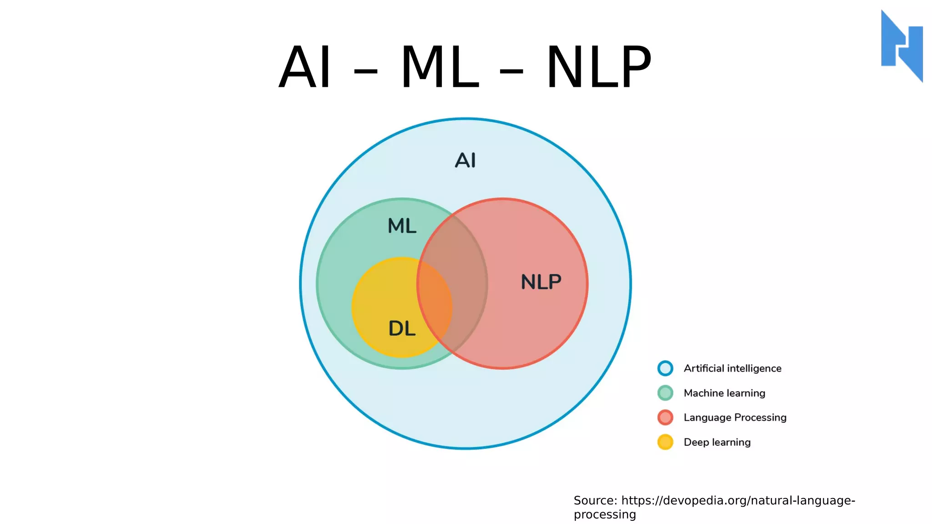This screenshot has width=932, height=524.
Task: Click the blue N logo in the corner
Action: [x=902, y=46]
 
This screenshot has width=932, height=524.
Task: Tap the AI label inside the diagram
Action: [x=465, y=160]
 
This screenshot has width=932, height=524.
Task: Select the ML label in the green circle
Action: [x=402, y=226]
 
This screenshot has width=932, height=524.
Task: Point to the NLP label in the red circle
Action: [x=541, y=282]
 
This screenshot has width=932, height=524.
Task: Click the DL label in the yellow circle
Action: [x=402, y=328]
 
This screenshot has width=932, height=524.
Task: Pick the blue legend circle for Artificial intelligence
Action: [x=665, y=368]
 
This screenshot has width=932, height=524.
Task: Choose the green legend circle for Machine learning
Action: [x=665, y=393]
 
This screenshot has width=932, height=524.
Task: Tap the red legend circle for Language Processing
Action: [x=665, y=418]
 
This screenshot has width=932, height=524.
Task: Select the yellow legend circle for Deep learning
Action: [x=665, y=442]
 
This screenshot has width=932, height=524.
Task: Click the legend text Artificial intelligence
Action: [x=732, y=368]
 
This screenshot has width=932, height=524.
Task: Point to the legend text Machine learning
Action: [x=724, y=393]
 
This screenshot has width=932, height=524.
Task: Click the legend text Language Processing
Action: [x=735, y=418]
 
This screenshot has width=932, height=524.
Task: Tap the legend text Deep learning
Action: [x=717, y=442]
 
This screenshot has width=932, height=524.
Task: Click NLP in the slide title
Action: [x=598, y=67]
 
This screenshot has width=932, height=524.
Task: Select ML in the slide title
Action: [x=440, y=67]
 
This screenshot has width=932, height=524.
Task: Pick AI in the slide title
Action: [x=304, y=67]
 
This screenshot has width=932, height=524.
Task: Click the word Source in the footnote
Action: [x=595, y=500]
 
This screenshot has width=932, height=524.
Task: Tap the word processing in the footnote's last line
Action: [x=604, y=514]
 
